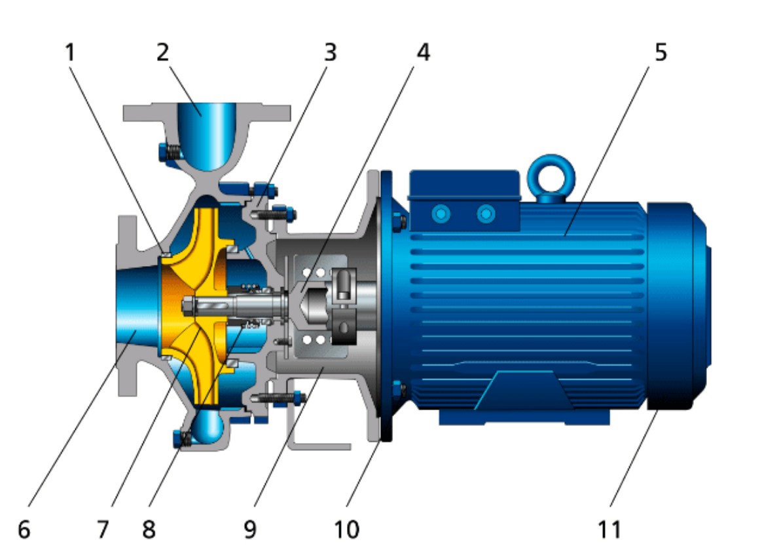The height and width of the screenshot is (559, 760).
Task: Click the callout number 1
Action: (x=71, y=52)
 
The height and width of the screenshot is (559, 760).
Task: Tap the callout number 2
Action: (x=163, y=52)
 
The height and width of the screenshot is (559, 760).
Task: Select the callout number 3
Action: (x=330, y=52)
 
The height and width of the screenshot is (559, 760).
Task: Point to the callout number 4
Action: (x=423, y=52)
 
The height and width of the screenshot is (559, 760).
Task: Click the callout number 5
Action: (x=661, y=52)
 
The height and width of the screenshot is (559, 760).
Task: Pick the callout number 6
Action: (x=24, y=529)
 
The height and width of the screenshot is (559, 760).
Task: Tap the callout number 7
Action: (x=102, y=529)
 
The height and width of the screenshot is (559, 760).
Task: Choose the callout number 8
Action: (x=149, y=529)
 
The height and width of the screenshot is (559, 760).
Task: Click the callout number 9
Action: (x=250, y=529)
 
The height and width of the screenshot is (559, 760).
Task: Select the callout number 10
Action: (x=346, y=529)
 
